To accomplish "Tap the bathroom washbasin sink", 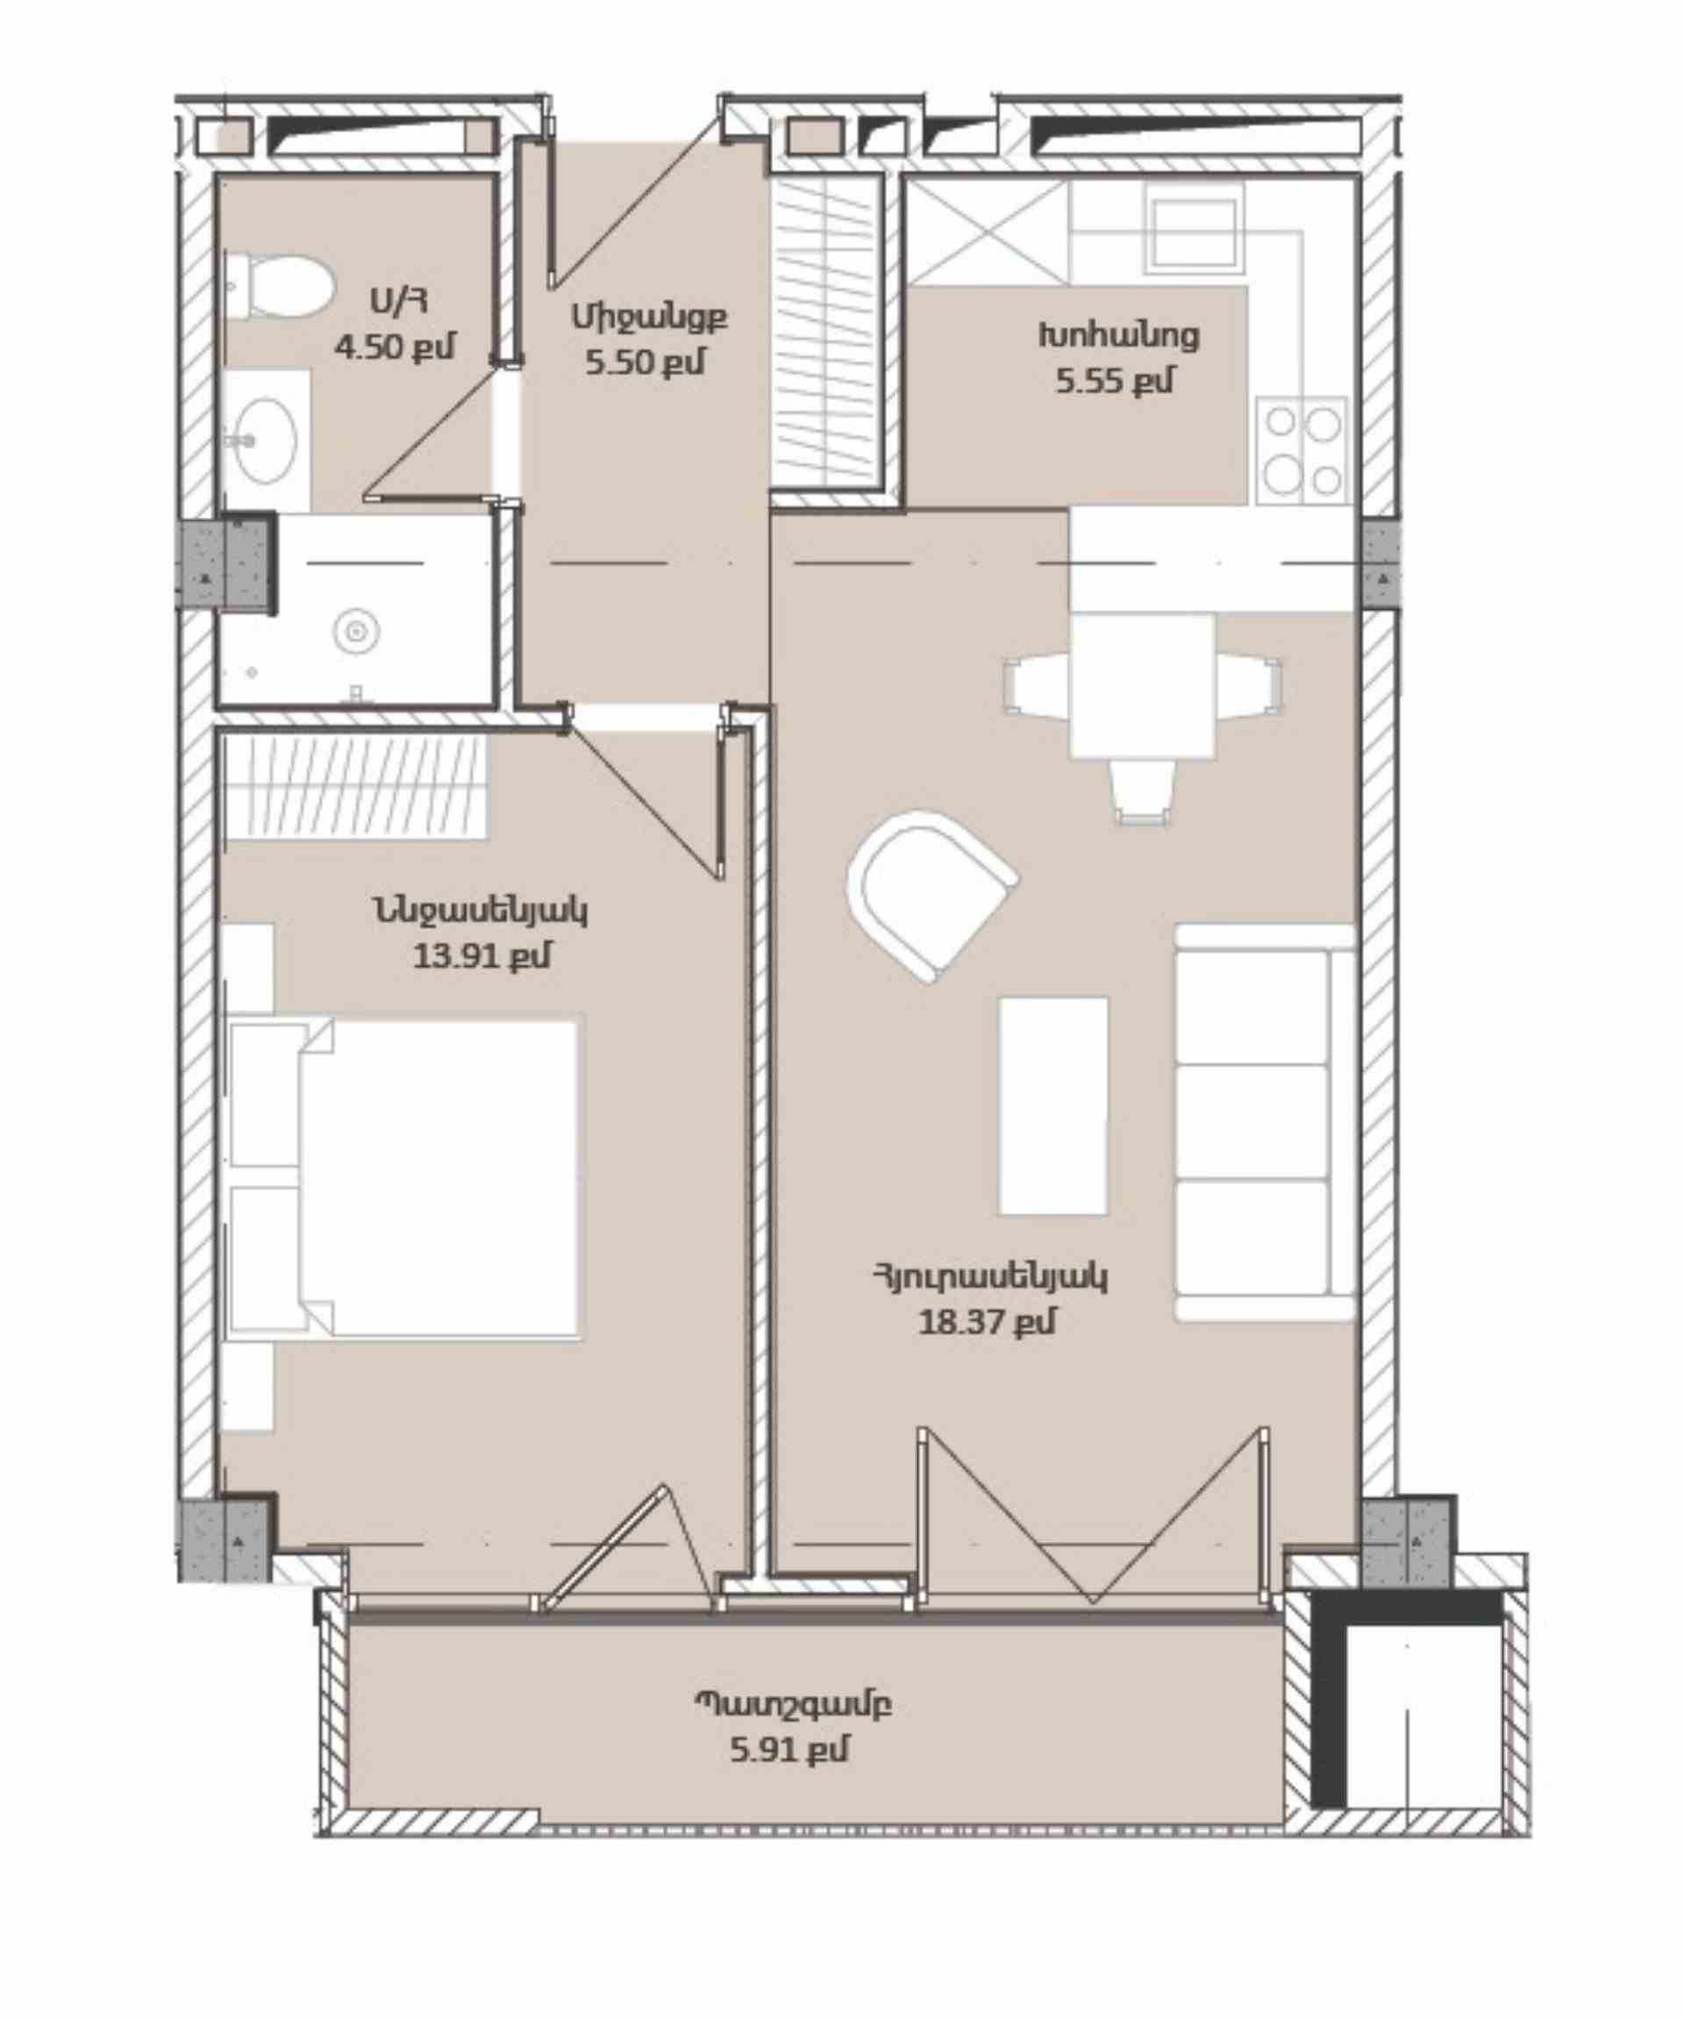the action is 267,441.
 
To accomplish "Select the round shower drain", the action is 355,631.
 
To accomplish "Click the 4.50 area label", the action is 394,347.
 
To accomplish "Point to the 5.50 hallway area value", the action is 646,362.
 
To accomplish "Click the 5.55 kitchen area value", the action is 1116,381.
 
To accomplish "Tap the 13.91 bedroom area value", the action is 482,956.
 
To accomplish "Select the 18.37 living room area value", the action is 987,1322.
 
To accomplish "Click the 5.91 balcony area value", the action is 790,1750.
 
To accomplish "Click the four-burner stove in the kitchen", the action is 1302,451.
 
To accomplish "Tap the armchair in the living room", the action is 931,896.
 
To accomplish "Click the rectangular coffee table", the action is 1053,1106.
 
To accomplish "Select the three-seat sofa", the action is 1265,1123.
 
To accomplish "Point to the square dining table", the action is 1142,686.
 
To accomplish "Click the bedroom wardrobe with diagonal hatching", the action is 355,787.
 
